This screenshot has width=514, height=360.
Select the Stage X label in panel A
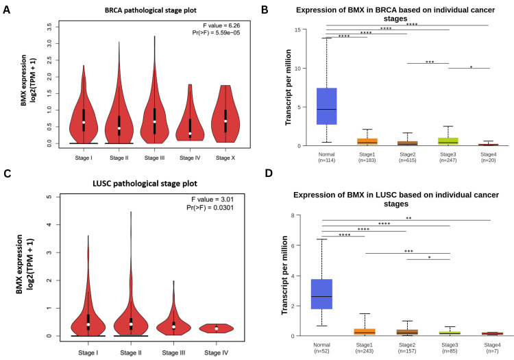pyautogui.click(x=234, y=157)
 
